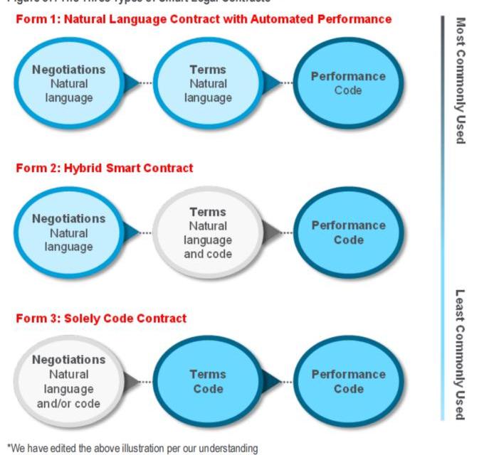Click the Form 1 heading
click(204, 19)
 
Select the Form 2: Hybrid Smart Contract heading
click(104, 168)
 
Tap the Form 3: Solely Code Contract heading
click(101, 318)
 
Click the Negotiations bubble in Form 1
click(69, 83)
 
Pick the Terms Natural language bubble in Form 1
click(208, 83)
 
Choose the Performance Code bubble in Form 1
click(348, 83)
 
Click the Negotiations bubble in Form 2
click(69, 232)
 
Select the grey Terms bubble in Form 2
click(208, 232)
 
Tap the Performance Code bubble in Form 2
click(348, 232)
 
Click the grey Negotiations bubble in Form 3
click(69, 381)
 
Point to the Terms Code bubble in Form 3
click(206, 381)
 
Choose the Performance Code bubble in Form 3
click(348, 381)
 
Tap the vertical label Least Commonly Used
click(461, 354)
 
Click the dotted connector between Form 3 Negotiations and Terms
click(144, 382)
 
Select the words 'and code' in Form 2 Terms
click(208, 254)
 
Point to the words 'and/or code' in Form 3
click(69, 403)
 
